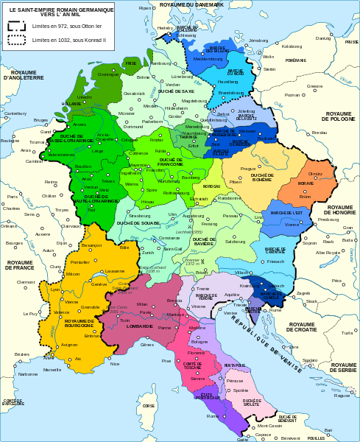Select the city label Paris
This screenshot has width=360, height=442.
click(12, 197)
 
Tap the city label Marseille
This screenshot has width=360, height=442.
click(52, 369)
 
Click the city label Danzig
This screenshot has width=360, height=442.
click(323, 38)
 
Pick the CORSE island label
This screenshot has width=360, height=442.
click(149, 405)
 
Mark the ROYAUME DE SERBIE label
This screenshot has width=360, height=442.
click(343, 366)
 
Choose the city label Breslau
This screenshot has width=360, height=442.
click(318, 132)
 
